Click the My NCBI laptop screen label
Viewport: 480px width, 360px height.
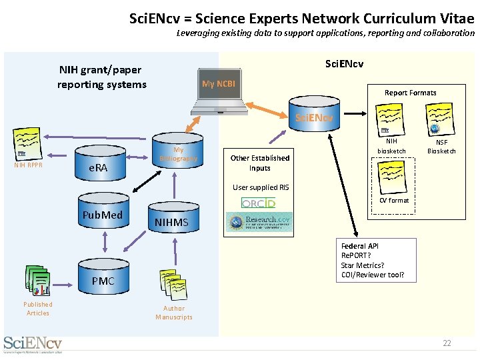point(217,84)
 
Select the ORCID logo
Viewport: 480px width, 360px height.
point(258,202)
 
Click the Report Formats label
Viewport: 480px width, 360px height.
point(410,93)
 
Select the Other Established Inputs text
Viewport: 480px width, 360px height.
point(260,163)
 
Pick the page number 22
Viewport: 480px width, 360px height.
point(447,343)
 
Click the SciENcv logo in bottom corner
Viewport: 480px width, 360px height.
point(33,344)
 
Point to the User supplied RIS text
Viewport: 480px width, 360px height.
point(261,187)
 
